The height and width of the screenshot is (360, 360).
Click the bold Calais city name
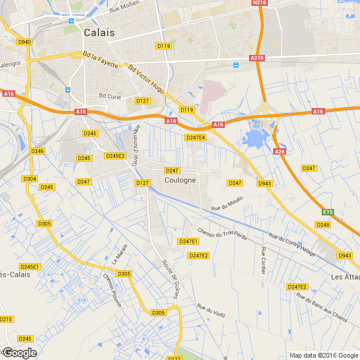99,32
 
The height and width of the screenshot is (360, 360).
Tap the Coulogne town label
180,180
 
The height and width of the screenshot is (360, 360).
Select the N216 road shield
260,3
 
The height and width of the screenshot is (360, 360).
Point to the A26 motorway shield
280,152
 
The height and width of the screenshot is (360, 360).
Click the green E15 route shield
329,211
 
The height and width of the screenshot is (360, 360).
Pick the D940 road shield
25,42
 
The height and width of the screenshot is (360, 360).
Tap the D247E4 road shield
195,138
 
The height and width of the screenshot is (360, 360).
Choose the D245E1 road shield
30,267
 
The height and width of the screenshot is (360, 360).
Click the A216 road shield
257,58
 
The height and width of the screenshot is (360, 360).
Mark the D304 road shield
30,179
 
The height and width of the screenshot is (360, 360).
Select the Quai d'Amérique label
136,145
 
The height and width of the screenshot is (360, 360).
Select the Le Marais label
119,254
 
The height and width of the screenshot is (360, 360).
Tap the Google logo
19,353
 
